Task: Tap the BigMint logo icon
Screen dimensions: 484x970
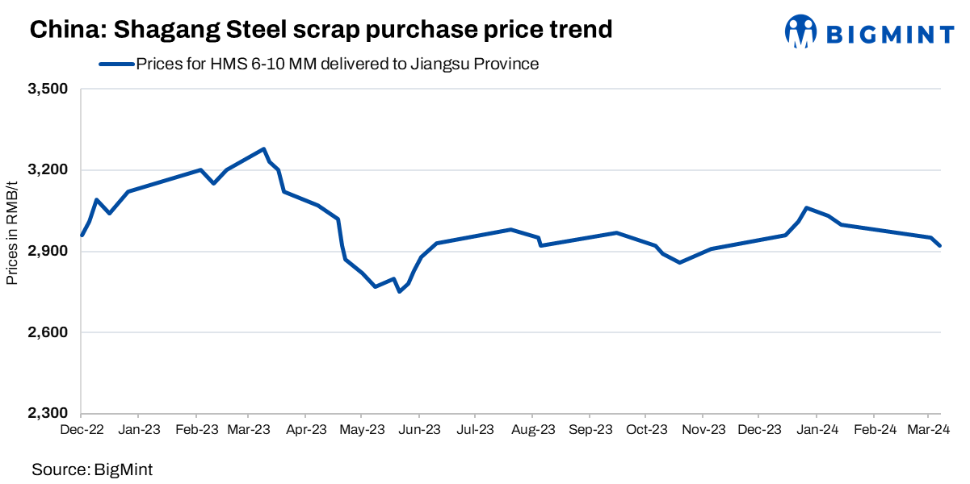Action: click(x=800, y=31)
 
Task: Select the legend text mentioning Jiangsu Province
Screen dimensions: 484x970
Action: click(x=337, y=64)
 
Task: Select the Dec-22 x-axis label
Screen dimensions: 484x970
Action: click(x=82, y=430)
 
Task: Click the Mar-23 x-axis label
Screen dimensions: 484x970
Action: click(x=250, y=430)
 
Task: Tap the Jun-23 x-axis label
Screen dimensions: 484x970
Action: click(x=419, y=430)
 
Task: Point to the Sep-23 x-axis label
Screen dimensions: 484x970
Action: click(x=590, y=430)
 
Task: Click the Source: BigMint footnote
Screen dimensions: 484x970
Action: click(x=92, y=469)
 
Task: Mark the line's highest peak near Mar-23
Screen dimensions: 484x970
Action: click(x=264, y=148)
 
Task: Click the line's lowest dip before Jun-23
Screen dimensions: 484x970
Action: click(x=399, y=291)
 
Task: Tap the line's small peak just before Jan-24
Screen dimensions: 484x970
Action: click(x=807, y=208)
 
